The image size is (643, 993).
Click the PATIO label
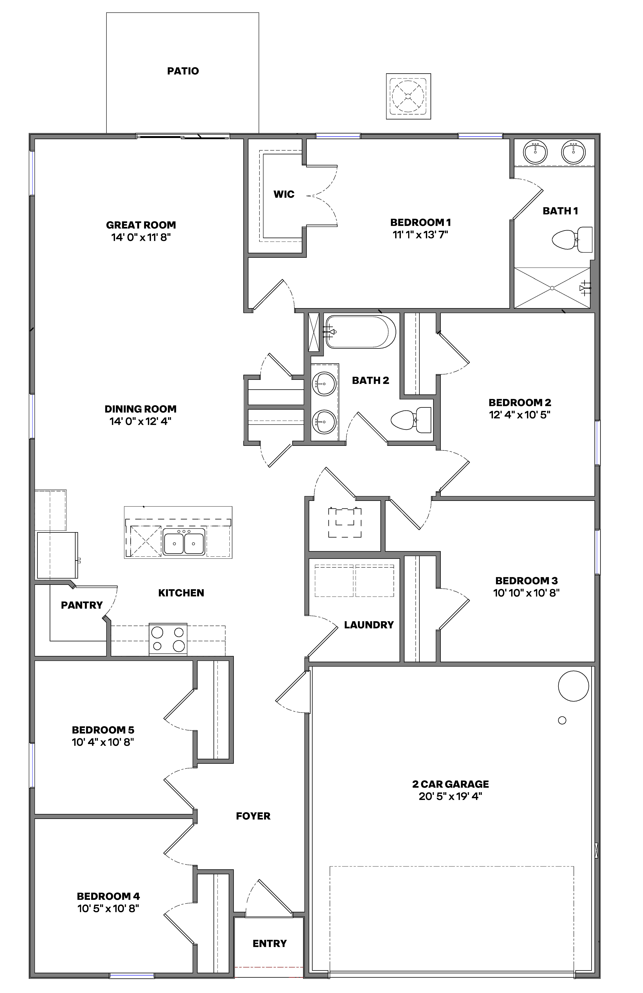(183, 71)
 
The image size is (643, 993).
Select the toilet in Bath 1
(572, 240)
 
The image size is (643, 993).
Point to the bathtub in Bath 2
(360, 332)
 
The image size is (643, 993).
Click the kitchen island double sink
(184, 542)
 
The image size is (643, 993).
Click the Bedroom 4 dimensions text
(108, 908)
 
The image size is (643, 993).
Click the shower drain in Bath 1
(552, 288)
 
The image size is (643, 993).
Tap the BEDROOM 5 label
(103, 730)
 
